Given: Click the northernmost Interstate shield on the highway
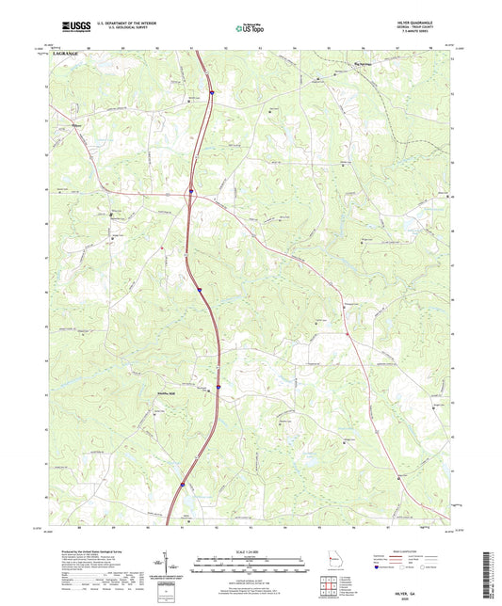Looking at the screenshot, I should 213,92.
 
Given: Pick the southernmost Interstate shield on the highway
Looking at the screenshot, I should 183,486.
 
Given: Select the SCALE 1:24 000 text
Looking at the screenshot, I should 250,550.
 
